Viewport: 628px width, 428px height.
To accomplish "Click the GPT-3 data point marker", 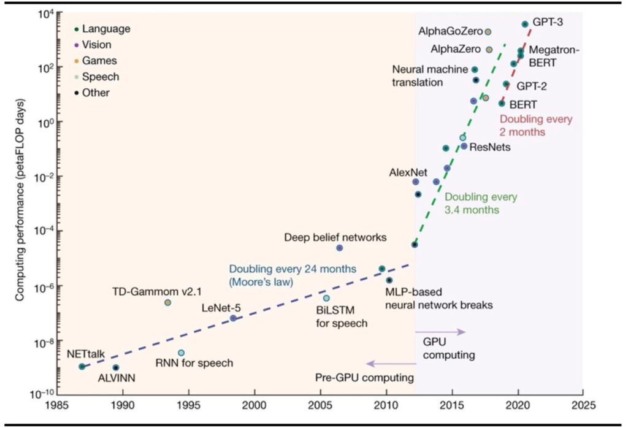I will pos(525,24).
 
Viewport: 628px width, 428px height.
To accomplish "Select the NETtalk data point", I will pos(82,366).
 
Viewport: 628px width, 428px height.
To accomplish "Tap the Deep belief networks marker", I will pos(340,248).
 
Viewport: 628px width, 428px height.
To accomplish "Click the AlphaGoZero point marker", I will pos(488,31).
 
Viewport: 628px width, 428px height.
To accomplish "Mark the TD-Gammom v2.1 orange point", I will pos(167,302).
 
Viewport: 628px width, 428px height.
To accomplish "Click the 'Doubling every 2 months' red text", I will pos(535,126).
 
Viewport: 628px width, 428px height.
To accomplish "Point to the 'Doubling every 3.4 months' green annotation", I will pos(480,204).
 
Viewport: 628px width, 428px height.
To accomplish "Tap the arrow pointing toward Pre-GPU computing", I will pos(391,363).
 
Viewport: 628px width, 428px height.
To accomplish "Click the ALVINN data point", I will pos(116,367).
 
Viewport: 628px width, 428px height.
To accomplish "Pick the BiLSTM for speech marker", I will pos(326,298).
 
